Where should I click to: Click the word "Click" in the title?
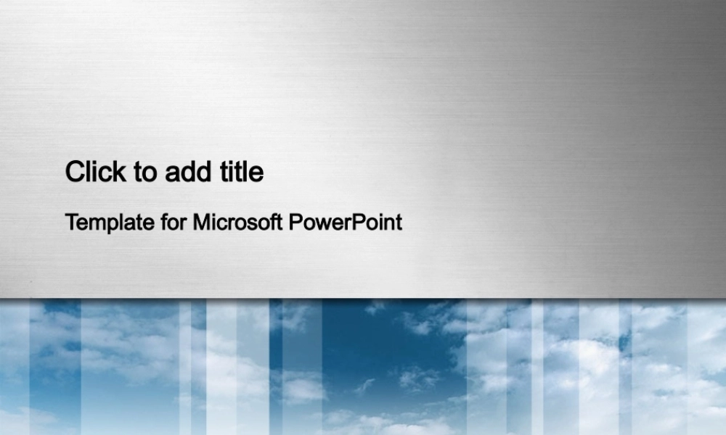pyautogui.click(x=95, y=172)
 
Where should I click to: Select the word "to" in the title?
pyautogui.click(x=145, y=173)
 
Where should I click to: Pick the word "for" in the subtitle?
pyautogui.click(x=174, y=221)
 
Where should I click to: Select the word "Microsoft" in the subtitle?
pyautogui.click(x=237, y=221)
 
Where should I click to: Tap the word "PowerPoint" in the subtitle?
pyautogui.click(x=346, y=223)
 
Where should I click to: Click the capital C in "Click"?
pyautogui.click(x=75, y=172)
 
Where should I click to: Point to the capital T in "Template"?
pyautogui.click(x=72, y=222)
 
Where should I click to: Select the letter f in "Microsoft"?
pyautogui.click(x=274, y=221)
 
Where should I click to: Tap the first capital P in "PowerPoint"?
pyautogui.click(x=296, y=222)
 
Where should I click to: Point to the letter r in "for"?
pyautogui.click(x=184, y=224)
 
